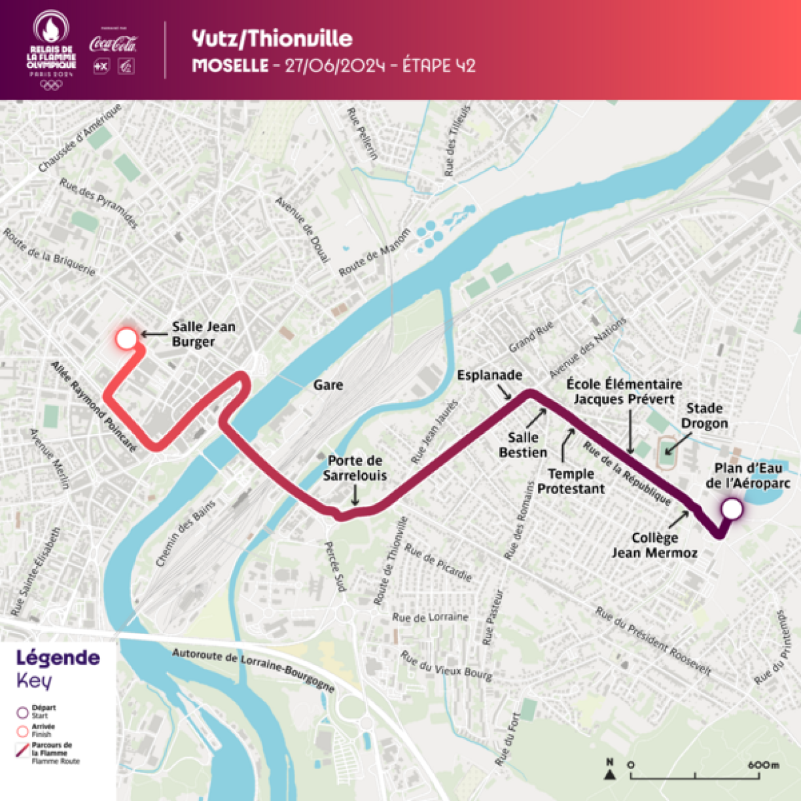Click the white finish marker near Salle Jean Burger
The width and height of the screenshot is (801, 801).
126,339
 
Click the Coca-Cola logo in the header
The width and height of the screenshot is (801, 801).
113,44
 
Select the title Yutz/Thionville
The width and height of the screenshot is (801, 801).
272,39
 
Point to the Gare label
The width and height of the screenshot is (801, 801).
328,385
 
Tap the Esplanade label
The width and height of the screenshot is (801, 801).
489,375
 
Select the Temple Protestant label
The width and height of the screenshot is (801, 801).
571,481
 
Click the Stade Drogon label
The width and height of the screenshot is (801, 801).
704,416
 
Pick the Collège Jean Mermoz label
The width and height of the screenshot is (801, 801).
654,545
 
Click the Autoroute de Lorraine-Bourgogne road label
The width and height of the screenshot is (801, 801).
253,669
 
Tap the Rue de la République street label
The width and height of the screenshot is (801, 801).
627,474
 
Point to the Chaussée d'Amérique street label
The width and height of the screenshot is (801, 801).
80,137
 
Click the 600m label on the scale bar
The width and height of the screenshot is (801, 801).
764,764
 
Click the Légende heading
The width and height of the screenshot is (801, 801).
58,658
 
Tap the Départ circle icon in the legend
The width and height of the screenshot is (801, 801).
23,712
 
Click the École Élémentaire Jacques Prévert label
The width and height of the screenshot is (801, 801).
624,391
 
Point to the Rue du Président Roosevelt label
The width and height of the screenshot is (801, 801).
652,641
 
